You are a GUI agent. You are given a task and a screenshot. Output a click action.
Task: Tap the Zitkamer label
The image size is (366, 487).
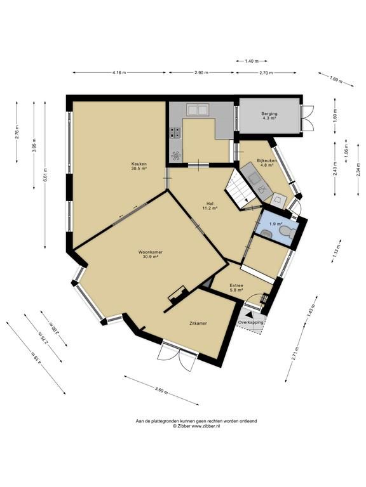point(198,323)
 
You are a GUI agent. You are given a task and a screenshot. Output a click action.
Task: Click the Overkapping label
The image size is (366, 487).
point(250,323)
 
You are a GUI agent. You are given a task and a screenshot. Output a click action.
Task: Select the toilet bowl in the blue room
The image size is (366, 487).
point(287,231)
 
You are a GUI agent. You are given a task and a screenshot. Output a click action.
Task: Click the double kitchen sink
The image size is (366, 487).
point(198,110)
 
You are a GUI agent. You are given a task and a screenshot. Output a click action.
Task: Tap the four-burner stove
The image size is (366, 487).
point(175,133)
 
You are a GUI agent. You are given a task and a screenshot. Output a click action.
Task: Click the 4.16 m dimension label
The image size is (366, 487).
point(119,73)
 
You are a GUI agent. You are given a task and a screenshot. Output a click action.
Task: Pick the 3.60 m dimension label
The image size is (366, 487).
point(161,390)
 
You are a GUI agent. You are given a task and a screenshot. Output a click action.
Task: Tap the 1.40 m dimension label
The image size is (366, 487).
point(252,62)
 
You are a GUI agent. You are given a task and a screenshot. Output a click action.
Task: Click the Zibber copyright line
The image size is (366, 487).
point(196,426)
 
